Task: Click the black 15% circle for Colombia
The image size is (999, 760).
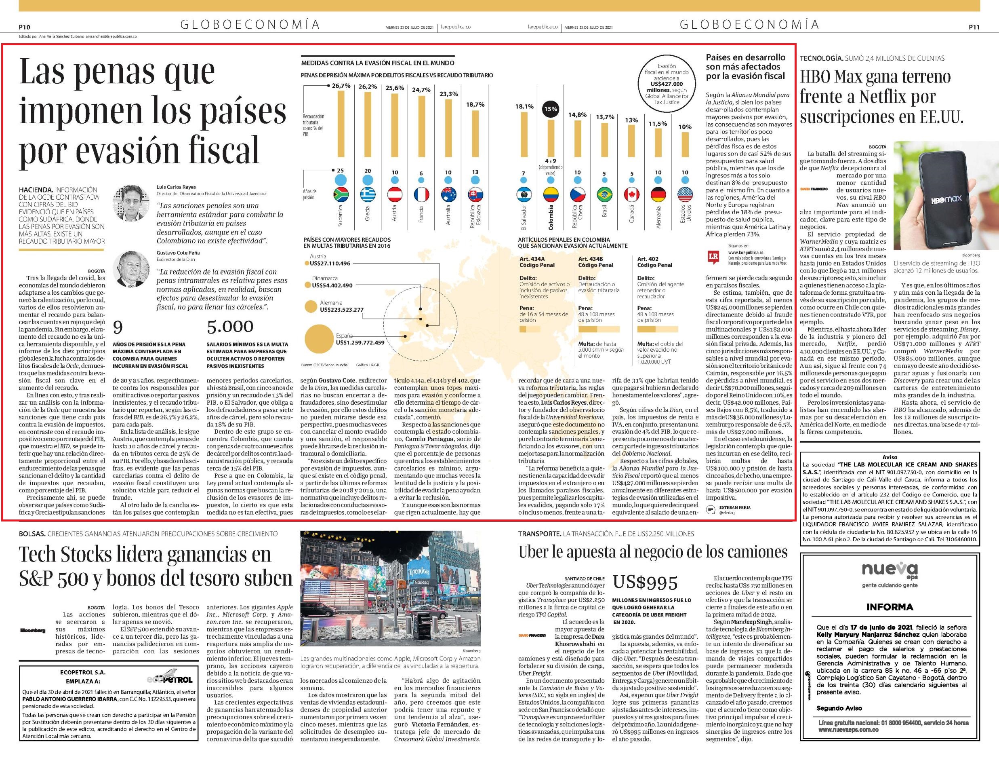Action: coord(551,109)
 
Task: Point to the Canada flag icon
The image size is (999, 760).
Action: coord(631,194)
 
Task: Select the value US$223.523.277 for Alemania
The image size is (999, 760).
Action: coord(341,310)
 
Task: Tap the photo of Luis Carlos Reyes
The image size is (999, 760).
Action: coord(131,202)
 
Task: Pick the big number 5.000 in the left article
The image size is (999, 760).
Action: coord(229,327)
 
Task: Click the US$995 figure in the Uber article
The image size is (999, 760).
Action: coord(645,582)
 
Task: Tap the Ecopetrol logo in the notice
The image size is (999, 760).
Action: coord(170,679)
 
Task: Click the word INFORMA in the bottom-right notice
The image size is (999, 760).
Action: coord(890,607)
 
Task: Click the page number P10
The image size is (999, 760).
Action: coord(24,27)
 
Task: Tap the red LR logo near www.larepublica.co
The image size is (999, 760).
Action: coord(713,258)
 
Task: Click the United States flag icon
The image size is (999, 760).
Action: coord(685,194)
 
